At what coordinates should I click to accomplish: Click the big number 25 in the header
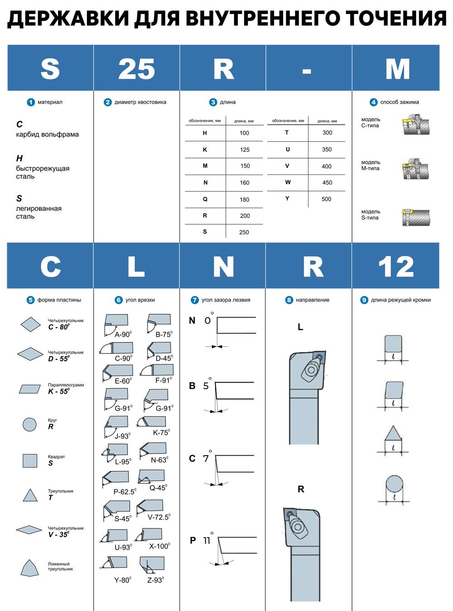pyautogui.click(x=136, y=69)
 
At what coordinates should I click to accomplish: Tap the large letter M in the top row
pyautogui.click(x=397, y=69)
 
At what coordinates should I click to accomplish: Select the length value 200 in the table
pyautogui.click(x=245, y=216)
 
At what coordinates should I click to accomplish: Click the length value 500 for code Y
pyautogui.click(x=326, y=199)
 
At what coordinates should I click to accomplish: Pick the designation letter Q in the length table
pyautogui.click(x=205, y=199)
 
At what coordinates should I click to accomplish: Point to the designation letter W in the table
pyautogui.click(x=288, y=182)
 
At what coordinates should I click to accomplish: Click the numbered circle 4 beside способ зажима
pyautogui.click(x=373, y=102)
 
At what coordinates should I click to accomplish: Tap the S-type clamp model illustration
pyautogui.click(x=415, y=217)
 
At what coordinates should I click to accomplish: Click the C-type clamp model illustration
pyautogui.click(x=415, y=125)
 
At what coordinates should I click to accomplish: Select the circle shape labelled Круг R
pyautogui.click(x=29, y=424)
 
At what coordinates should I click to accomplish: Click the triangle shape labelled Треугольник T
pyautogui.click(x=30, y=495)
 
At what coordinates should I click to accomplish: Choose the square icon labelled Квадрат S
pyautogui.click(x=30, y=461)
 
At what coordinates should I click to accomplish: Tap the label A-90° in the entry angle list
pyautogui.click(x=123, y=335)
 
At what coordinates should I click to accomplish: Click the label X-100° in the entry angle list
pyautogui.click(x=159, y=546)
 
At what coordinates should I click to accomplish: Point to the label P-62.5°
pyautogui.click(x=125, y=491)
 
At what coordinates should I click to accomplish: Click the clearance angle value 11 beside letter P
pyautogui.click(x=207, y=540)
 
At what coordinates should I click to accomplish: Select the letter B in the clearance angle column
pyautogui.click(x=192, y=386)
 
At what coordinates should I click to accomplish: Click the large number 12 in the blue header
pyautogui.click(x=396, y=267)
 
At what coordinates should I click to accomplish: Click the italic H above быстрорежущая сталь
pyautogui.click(x=19, y=158)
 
